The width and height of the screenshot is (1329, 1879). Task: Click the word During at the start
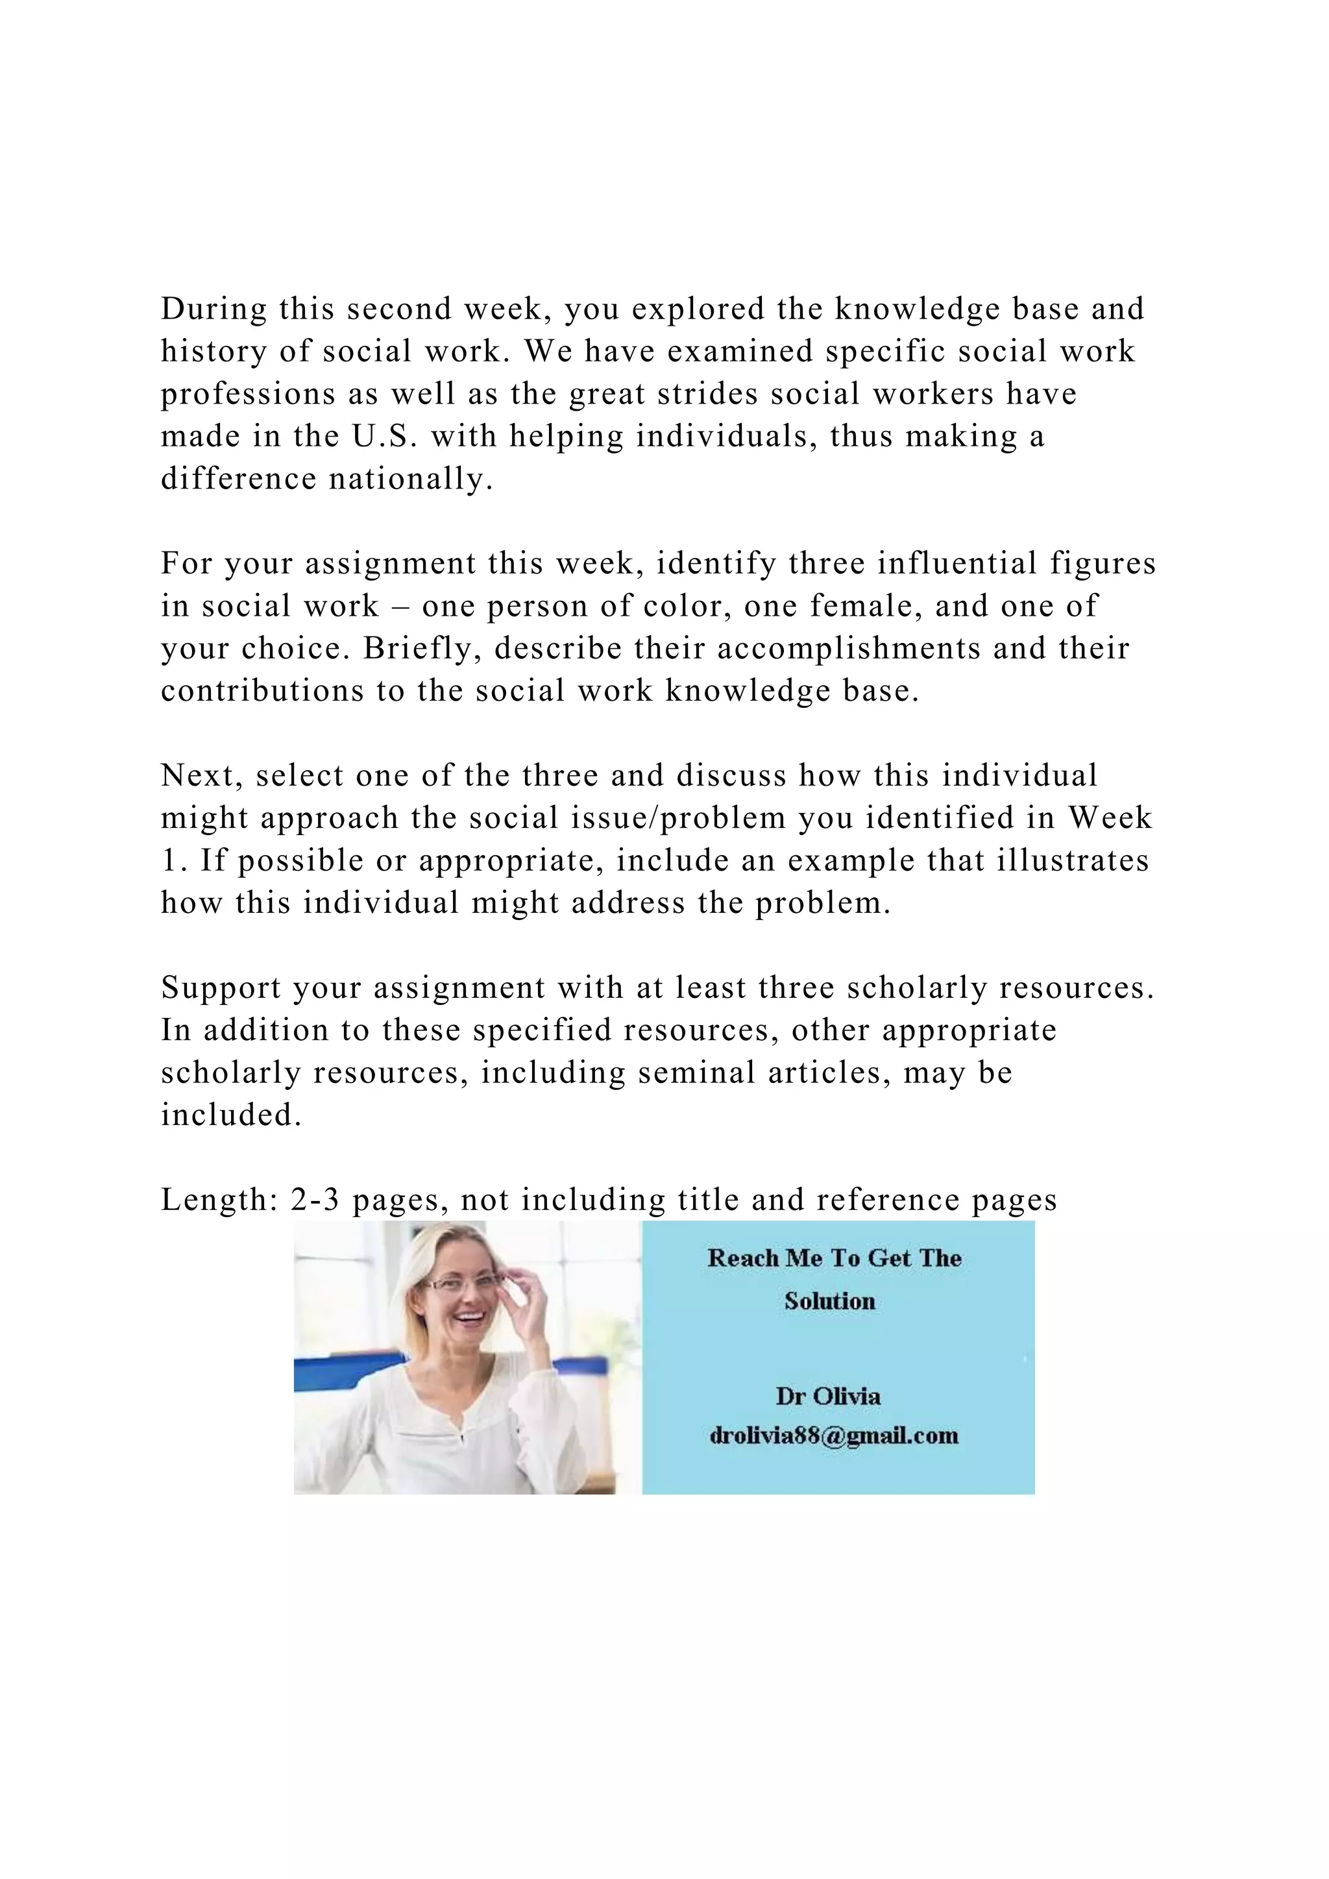pos(213,309)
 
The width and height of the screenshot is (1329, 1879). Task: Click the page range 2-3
pos(315,1200)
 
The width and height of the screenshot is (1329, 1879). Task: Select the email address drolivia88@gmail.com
pos(834,1435)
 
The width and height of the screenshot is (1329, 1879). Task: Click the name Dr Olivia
pos(828,1396)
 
